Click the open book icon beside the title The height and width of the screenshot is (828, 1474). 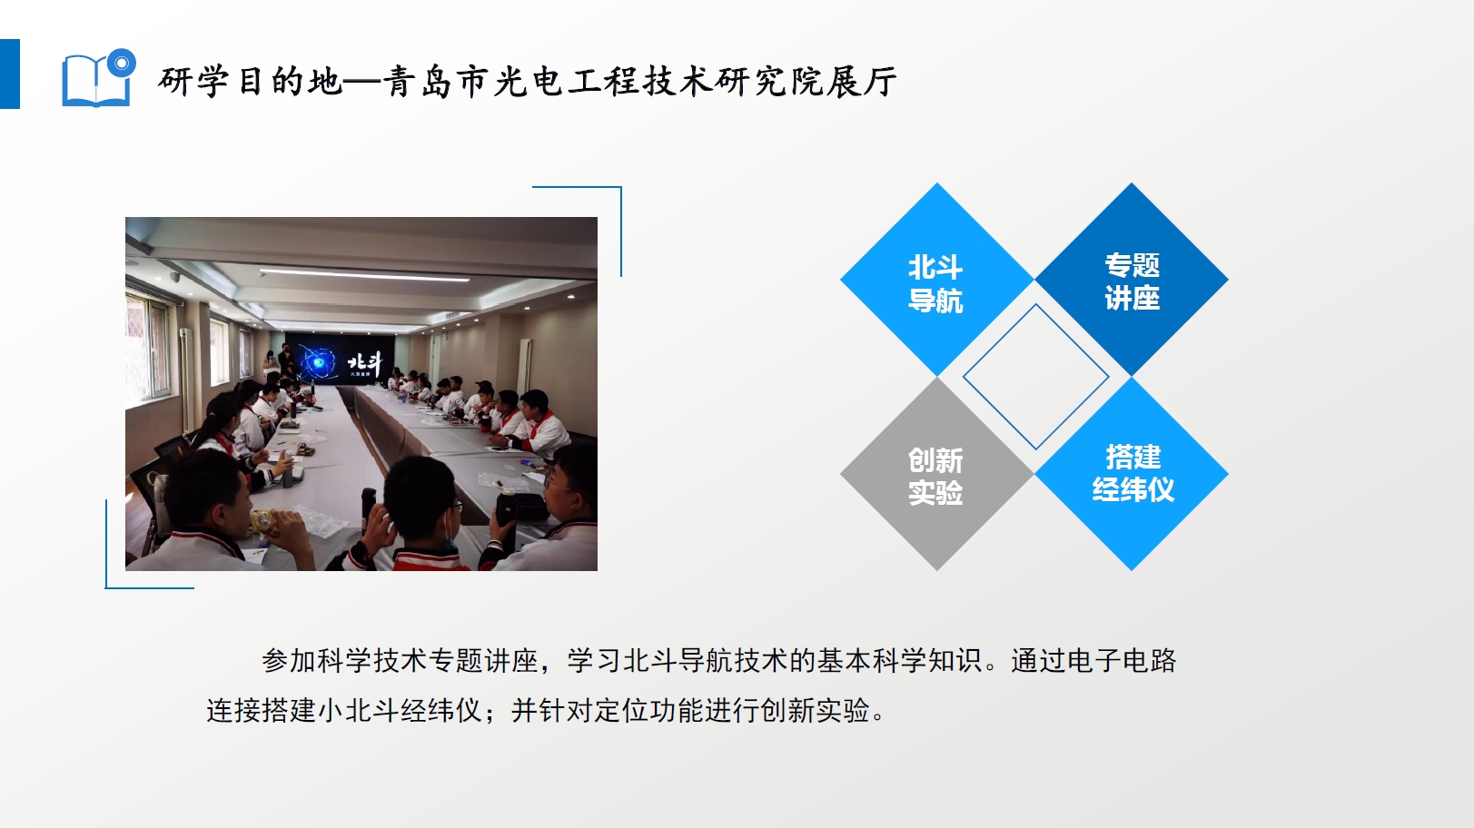point(96,80)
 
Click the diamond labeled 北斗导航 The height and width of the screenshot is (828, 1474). point(936,280)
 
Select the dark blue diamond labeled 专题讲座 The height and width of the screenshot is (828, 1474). point(1132,280)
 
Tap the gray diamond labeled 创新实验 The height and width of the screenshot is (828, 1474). point(936,474)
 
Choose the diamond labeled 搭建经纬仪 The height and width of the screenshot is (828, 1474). point(1132,474)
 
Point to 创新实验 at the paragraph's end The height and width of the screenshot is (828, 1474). point(816,711)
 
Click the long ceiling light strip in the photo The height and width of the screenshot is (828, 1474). point(364,274)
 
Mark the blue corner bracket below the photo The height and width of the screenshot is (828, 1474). point(106,545)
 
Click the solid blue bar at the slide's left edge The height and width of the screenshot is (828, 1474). point(10,74)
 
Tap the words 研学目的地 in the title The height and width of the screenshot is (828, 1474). point(251,83)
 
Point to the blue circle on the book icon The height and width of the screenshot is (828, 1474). point(121,64)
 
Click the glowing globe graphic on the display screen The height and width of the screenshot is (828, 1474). point(318,361)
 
